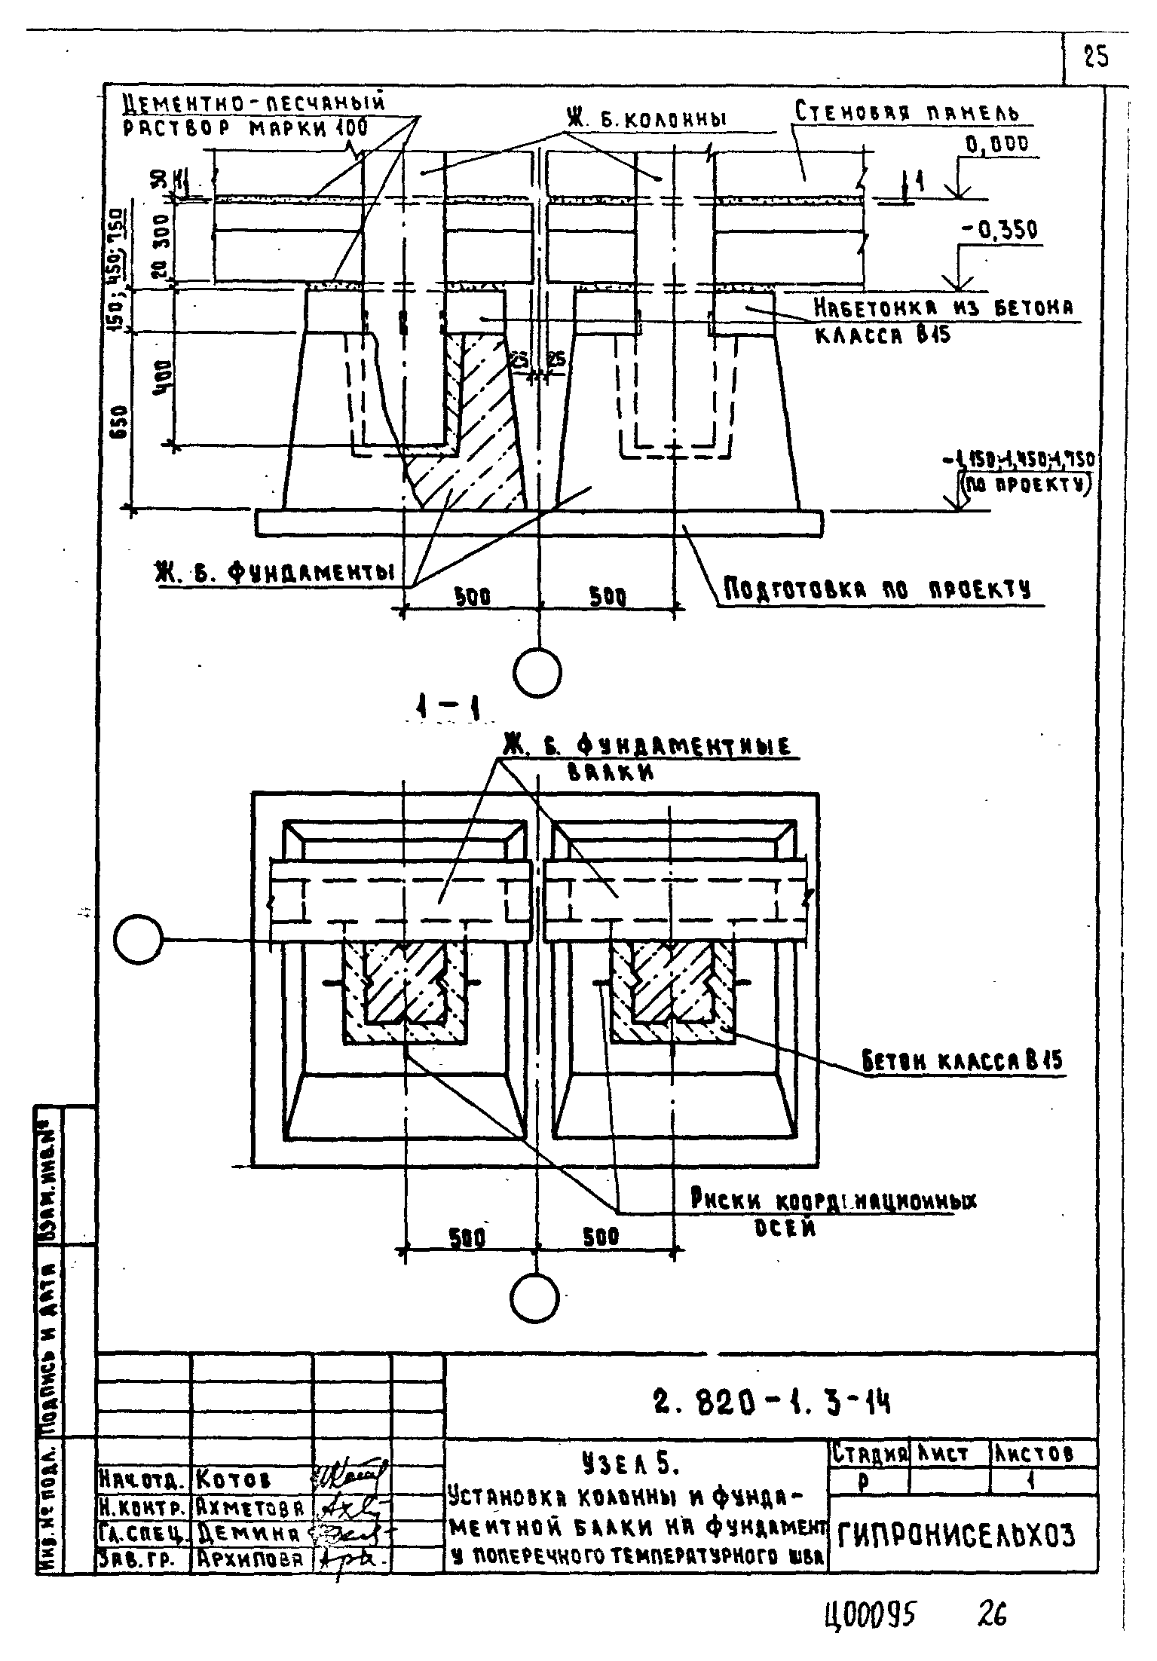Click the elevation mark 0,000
coord(996,145)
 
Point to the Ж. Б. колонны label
coord(644,119)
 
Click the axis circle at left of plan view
coord(139,939)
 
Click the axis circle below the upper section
coord(537,671)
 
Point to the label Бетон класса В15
coord(962,1062)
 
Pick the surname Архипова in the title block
coord(249,1559)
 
